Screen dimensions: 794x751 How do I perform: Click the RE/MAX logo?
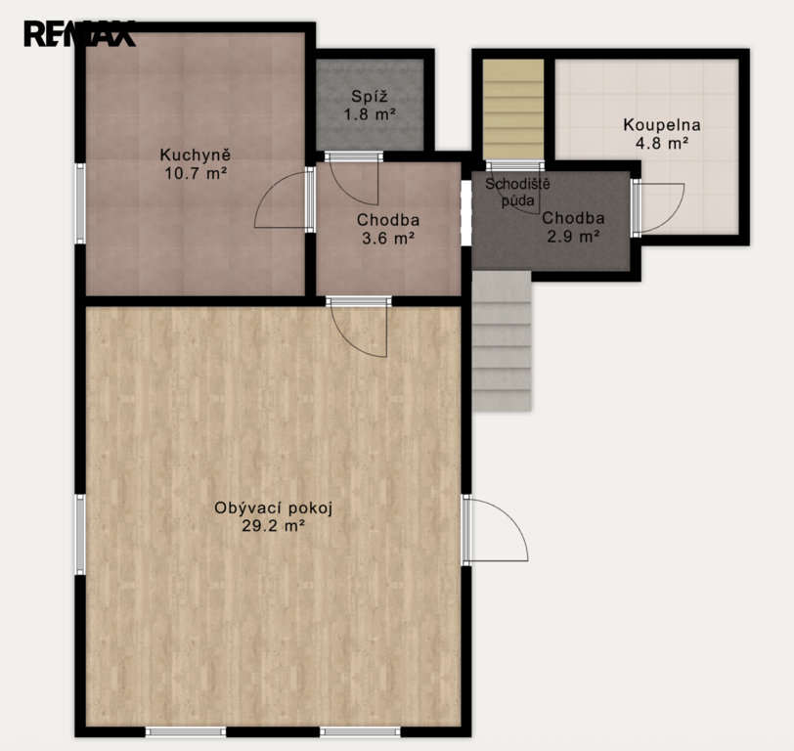click(79, 34)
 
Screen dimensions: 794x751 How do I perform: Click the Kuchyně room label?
click(196, 155)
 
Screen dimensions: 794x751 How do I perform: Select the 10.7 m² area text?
click(196, 174)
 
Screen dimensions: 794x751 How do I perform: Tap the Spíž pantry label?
click(370, 96)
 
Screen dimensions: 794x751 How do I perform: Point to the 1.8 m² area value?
click(370, 114)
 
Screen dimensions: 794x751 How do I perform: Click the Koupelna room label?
click(662, 124)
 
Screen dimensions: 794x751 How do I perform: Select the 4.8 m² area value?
click(662, 144)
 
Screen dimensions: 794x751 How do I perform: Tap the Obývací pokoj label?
click(274, 508)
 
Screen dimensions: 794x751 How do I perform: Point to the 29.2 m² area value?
click(274, 527)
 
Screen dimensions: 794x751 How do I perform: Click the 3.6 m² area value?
click(388, 238)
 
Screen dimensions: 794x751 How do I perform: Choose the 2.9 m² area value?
click(574, 236)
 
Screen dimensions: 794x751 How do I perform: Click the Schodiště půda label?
click(517, 192)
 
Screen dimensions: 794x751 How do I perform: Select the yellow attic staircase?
click(513, 110)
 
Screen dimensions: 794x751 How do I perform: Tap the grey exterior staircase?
click(502, 341)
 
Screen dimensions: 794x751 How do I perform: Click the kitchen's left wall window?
click(80, 203)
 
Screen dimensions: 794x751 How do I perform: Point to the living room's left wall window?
click(80, 535)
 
